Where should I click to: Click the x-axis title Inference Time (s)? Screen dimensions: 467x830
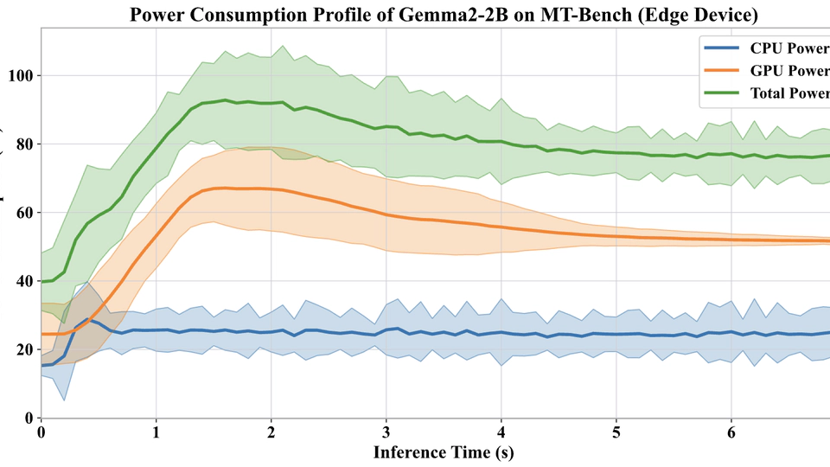tap(444, 451)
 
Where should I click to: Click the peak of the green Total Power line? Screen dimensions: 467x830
tap(226, 100)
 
